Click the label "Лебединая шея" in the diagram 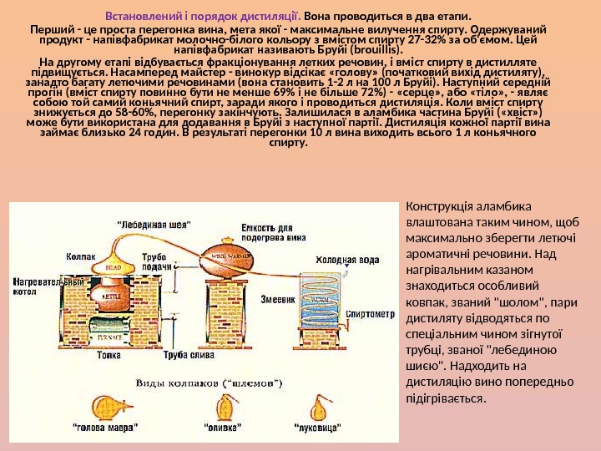pyautogui.click(x=154, y=225)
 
